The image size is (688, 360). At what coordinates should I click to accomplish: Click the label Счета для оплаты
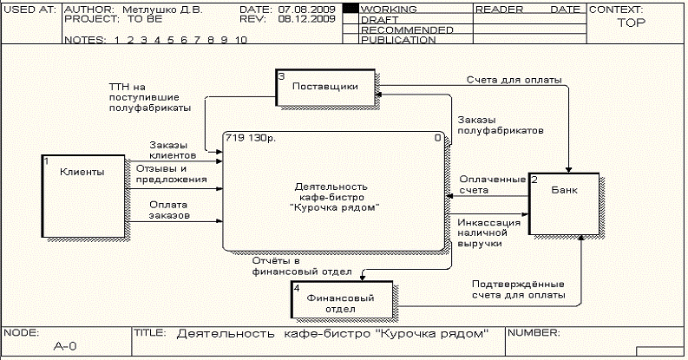click(513, 80)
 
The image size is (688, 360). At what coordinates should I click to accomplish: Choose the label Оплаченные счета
click(492, 184)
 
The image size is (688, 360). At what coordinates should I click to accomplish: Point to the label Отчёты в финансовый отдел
click(301, 265)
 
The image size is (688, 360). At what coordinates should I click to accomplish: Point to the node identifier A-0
click(65, 346)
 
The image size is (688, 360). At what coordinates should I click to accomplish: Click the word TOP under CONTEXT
click(631, 23)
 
